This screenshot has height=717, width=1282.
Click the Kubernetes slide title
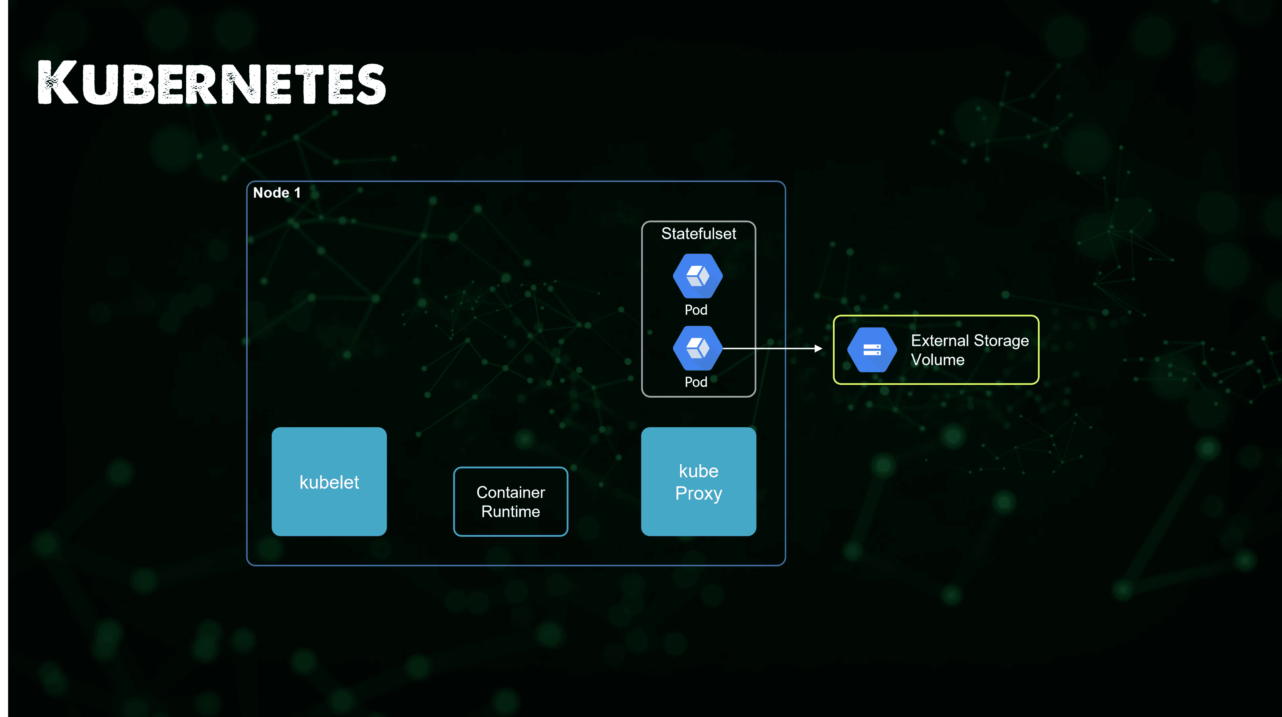[212, 83]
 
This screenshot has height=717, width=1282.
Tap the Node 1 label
[277, 193]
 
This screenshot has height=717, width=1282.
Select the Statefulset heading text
[698, 234]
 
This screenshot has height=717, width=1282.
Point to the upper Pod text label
[696, 310]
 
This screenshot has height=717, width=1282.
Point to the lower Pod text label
[696, 382]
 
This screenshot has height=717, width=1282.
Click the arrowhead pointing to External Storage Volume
[818, 348]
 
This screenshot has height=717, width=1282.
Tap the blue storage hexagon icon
[872, 349]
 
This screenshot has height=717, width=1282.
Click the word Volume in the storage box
[937, 360]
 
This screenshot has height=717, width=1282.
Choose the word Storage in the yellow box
[1001, 341]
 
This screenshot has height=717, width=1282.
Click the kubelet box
[329, 481]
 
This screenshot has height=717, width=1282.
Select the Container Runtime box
[510, 502]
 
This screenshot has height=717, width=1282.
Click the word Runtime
[510, 512]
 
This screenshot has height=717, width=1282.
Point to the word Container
[510, 492]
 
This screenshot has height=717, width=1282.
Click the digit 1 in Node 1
[297, 193]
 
